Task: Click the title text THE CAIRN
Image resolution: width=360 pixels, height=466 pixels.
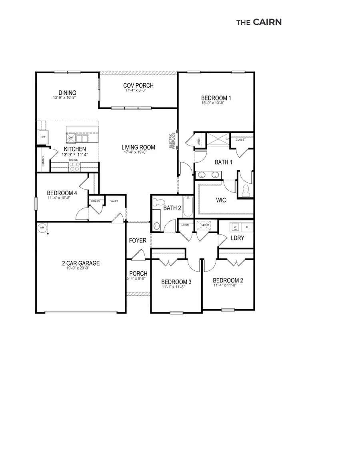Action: tap(259, 22)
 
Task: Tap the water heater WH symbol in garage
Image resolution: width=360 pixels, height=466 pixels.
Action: tap(42, 228)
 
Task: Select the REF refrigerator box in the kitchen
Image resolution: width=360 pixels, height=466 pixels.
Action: tap(43, 137)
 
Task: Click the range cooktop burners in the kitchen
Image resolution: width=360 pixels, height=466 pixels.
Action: tap(74, 167)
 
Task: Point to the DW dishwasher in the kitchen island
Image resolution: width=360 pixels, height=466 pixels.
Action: tap(70, 138)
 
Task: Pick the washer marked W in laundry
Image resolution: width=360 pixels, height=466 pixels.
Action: tap(235, 227)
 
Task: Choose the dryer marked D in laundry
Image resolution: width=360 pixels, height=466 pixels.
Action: tap(247, 227)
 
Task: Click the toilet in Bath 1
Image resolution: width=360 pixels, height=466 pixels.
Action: tap(245, 190)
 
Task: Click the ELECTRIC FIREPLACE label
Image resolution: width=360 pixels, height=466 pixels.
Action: tap(172, 141)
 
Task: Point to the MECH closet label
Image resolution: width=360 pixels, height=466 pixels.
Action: tap(205, 225)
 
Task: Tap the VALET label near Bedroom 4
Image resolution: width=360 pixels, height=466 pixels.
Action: tap(114, 201)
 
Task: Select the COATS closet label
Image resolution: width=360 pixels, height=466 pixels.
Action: tap(95, 201)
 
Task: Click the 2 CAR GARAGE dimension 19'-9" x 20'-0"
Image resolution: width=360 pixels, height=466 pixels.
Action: tap(80, 269)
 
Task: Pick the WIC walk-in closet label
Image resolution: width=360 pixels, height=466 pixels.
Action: tap(221, 200)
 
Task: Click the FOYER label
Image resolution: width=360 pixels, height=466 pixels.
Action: tap(138, 241)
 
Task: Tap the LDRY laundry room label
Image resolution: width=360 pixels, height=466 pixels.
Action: tap(237, 238)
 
